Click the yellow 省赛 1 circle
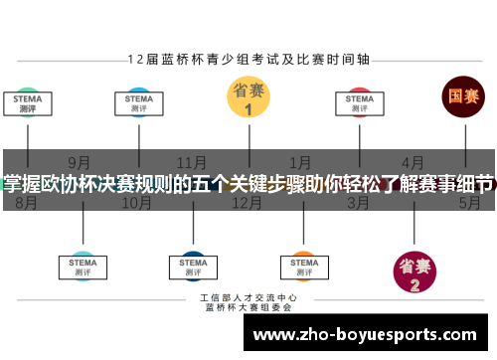tap(248, 97)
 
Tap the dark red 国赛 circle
tap(463, 97)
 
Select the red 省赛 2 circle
tap(414, 270)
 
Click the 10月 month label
tap(136, 203)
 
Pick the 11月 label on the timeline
tap(192, 162)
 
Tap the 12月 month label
tap(247, 203)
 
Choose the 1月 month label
tap(301, 162)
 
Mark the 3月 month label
tap(358, 203)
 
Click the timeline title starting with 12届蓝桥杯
tap(248, 59)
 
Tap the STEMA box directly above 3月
tap(359, 103)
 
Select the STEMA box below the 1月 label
tap(301, 265)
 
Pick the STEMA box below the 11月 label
tap(192, 265)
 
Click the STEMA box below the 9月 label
tap(82, 265)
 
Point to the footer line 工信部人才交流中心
tap(248, 297)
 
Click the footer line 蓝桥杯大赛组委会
tap(248, 307)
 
